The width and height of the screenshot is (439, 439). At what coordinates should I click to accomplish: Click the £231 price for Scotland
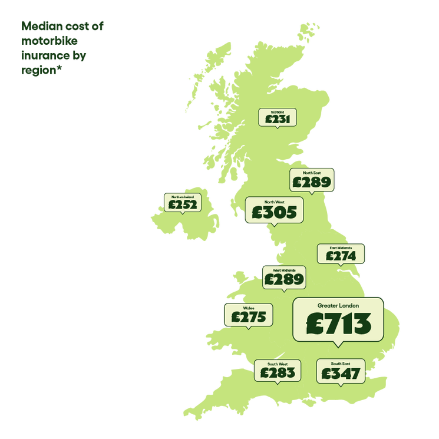277,119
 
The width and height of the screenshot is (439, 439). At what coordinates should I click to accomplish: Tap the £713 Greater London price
338,323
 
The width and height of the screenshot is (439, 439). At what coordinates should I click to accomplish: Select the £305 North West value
275,212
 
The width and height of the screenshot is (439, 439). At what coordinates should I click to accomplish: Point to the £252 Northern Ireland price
183,204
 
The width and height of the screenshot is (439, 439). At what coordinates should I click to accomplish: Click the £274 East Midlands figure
341,256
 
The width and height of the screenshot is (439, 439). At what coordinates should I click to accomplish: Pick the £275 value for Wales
249,317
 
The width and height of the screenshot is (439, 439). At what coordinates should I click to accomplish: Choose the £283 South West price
278,372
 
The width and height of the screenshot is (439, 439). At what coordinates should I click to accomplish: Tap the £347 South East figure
339,373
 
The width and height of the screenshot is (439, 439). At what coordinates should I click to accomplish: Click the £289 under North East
312,183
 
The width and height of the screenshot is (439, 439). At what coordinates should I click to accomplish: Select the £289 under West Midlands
284,279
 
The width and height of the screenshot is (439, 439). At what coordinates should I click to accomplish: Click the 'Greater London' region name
338,306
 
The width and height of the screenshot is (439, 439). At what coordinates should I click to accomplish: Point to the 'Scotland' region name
277,111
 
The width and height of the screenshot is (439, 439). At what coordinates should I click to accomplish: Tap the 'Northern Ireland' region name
183,197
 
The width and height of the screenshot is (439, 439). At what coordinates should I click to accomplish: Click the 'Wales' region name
249,308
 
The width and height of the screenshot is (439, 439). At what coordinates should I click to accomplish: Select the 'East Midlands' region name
341,248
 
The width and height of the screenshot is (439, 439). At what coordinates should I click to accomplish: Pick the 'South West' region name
278,364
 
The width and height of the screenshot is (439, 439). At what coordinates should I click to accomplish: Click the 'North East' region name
312,173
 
